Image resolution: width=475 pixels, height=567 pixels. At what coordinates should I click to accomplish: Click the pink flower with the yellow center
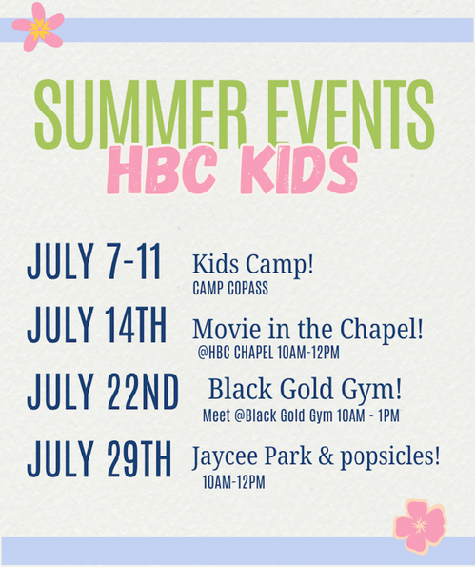point(38,28)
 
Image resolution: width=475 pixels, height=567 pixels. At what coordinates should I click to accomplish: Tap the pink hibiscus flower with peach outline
point(420,525)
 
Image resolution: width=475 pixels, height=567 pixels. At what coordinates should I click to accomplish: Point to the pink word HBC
point(162,170)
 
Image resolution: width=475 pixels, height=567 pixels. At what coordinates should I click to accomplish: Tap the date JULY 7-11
point(94,261)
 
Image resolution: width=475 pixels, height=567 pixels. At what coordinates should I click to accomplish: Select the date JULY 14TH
point(97,325)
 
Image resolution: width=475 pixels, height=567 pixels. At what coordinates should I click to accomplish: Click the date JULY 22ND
point(103,392)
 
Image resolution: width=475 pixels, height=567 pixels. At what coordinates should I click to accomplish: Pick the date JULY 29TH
point(99,458)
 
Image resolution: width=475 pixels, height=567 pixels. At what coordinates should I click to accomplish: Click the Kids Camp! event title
point(253,265)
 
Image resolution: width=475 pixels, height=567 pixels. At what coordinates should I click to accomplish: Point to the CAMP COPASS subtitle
point(230,288)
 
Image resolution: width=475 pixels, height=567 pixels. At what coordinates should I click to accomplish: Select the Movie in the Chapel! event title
point(307,330)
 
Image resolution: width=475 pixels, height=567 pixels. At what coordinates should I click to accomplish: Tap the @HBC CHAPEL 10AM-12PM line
point(268,353)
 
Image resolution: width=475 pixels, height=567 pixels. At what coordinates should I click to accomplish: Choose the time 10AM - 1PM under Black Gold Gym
point(368,415)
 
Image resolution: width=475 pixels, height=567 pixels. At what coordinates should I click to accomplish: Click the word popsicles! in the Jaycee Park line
point(390,457)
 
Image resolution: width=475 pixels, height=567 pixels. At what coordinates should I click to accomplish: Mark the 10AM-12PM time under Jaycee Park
point(234,482)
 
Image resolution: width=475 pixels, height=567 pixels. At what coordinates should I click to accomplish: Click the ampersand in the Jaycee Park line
point(326,456)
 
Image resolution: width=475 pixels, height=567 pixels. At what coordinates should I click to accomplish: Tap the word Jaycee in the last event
point(225,457)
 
